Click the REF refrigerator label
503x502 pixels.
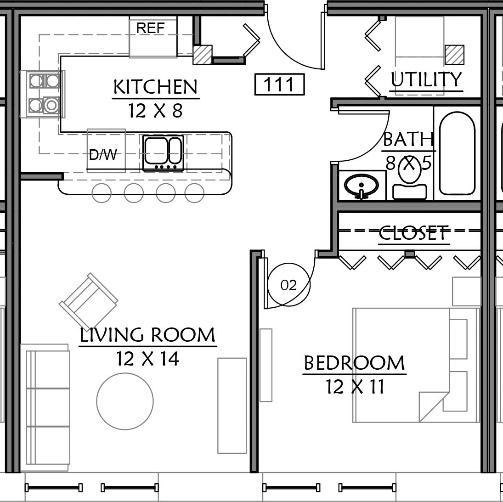click(150, 28)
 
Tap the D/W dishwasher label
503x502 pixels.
click(103, 155)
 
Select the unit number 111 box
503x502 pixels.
click(279, 85)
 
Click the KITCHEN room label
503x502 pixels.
click(156, 87)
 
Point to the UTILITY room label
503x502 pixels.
click(426, 79)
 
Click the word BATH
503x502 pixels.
click(408, 139)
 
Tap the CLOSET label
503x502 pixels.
click(413, 233)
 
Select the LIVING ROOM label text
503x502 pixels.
click(147, 335)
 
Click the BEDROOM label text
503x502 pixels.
click(354, 363)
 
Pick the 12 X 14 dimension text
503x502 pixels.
click(147, 359)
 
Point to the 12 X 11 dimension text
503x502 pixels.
click(355, 387)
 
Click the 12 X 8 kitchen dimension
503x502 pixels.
click(156, 111)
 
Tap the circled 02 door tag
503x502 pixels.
click(289, 284)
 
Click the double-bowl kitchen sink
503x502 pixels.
click(163, 152)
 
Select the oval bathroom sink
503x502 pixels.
click(362, 186)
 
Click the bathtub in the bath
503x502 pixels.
click(457, 153)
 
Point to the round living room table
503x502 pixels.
click(125, 401)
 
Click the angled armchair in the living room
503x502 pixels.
click(89, 302)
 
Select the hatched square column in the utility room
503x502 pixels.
click(455, 55)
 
